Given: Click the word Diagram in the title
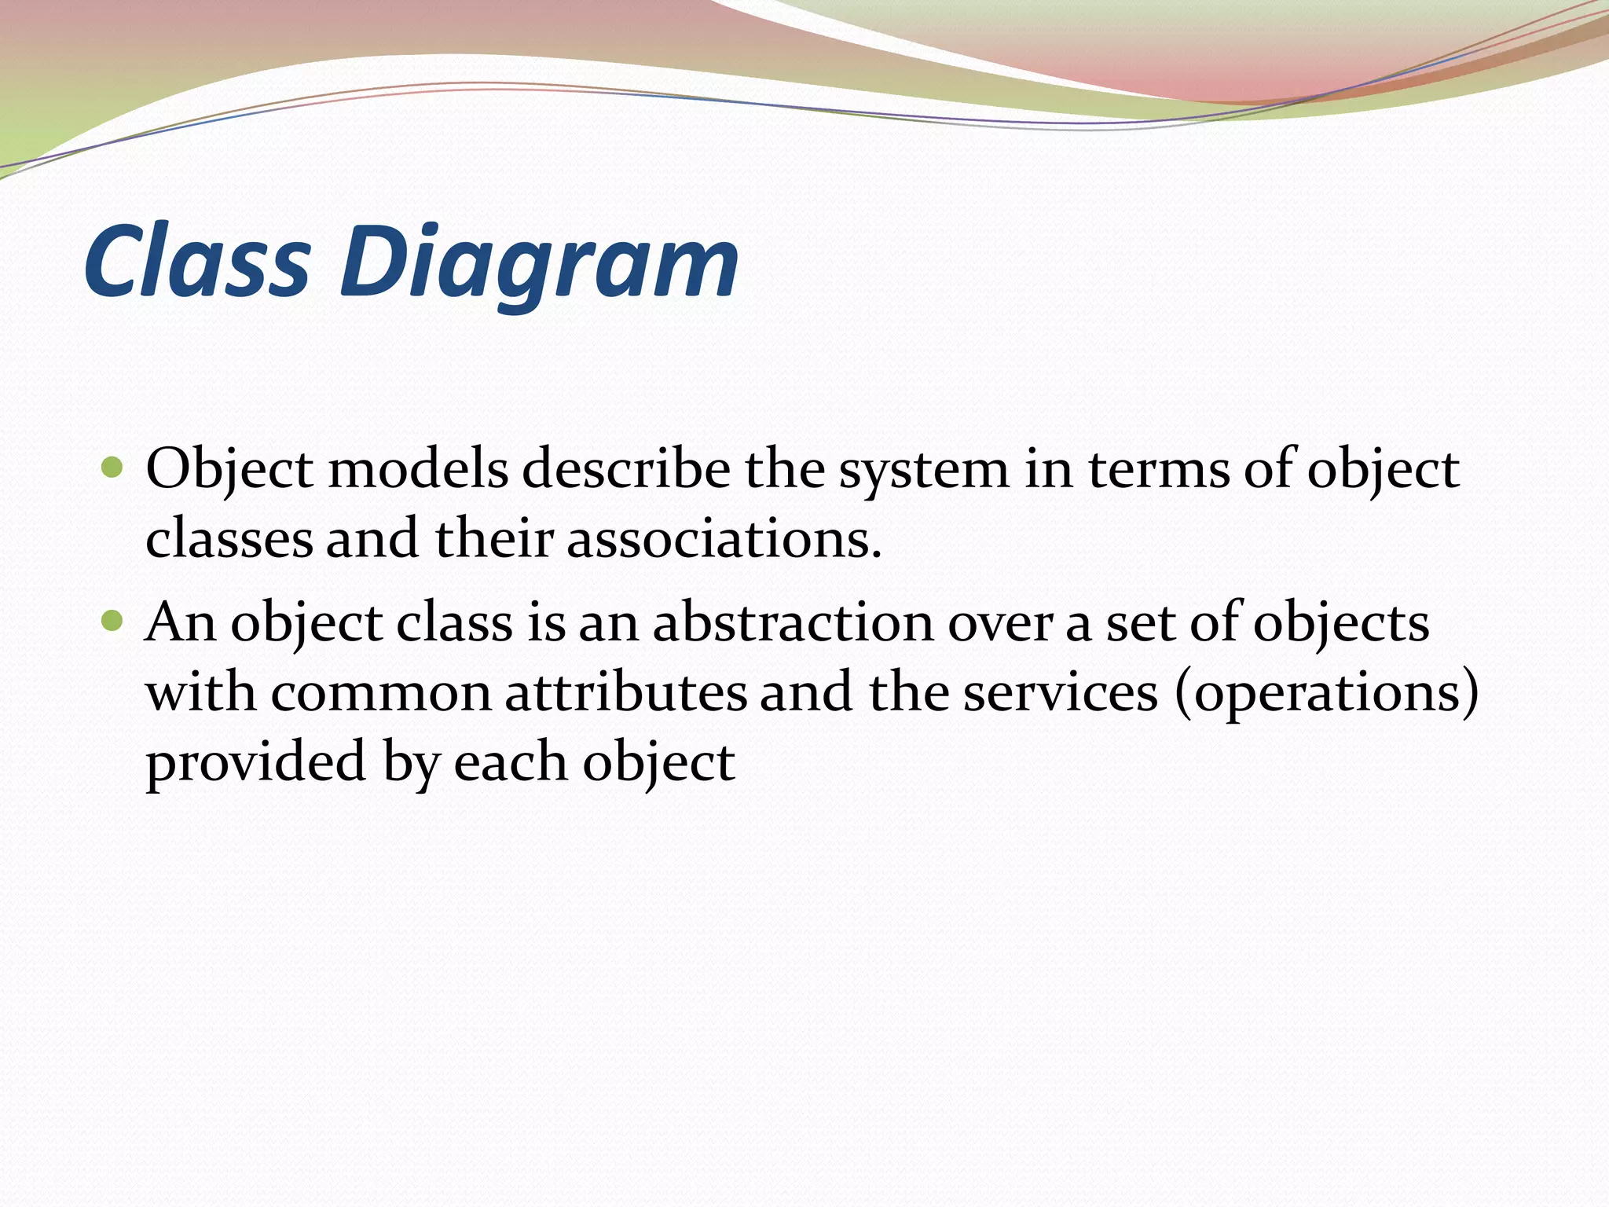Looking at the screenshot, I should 539,263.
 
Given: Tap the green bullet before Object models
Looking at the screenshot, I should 113,469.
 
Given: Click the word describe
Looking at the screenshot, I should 625,470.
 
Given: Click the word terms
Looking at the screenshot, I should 1158,470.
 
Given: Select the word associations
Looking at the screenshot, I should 724,541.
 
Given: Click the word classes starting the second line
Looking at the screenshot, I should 229,541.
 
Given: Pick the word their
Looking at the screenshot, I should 494,539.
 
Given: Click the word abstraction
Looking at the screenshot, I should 793,622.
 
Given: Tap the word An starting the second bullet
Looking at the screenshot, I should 181,622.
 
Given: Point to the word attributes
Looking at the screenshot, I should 625,693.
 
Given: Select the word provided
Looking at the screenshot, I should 256,762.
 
